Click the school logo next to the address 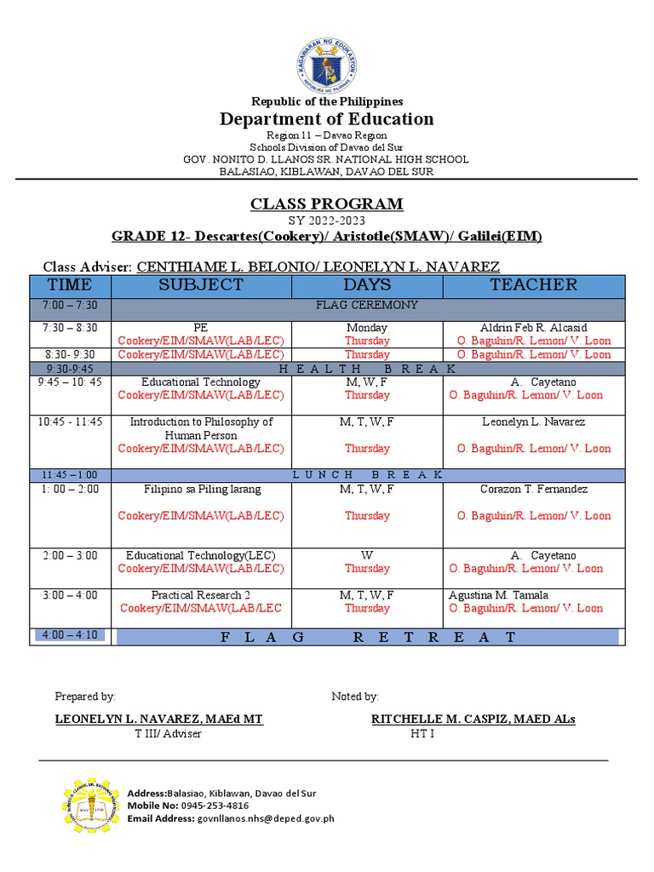pyautogui.click(x=89, y=805)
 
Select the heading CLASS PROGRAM pyautogui.click(x=326, y=204)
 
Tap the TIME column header pyautogui.click(x=70, y=285)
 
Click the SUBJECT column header pyautogui.click(x=200, y=285)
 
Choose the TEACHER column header pyautogui.click(x=533, y=285)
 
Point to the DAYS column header pyautogui.click(x=367, y=285)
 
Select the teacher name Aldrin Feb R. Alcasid pyautogui.click(x=533, y=328)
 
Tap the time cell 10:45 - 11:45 pyautogui.click(x=70, y=422)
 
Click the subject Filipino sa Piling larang pyautogui.click(x=201, y=489)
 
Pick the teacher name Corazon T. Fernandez pyautogui.click(x=533, y=489)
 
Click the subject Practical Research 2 pyautogui.click(x=201, y=595)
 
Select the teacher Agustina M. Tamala pyautogui.click(x=498, y=595)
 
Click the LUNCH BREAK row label pyautogui.click(x=367, y=474)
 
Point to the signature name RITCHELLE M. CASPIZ pyautogui.click(x=473, y=720)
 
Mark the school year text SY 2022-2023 pyautogui.click(x=326, y=221)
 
